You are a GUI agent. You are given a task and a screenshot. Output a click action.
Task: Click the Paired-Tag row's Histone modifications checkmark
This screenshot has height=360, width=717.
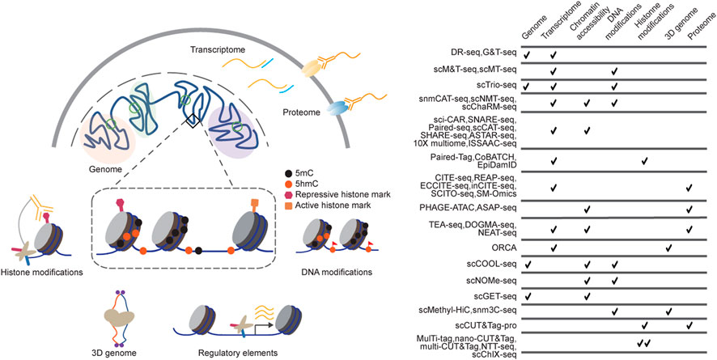(644, 162)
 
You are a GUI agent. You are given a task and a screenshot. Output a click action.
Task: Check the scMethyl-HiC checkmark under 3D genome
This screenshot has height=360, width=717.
(668, 310)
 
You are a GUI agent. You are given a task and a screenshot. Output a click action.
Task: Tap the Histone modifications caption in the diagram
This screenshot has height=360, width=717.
(43, 272)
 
